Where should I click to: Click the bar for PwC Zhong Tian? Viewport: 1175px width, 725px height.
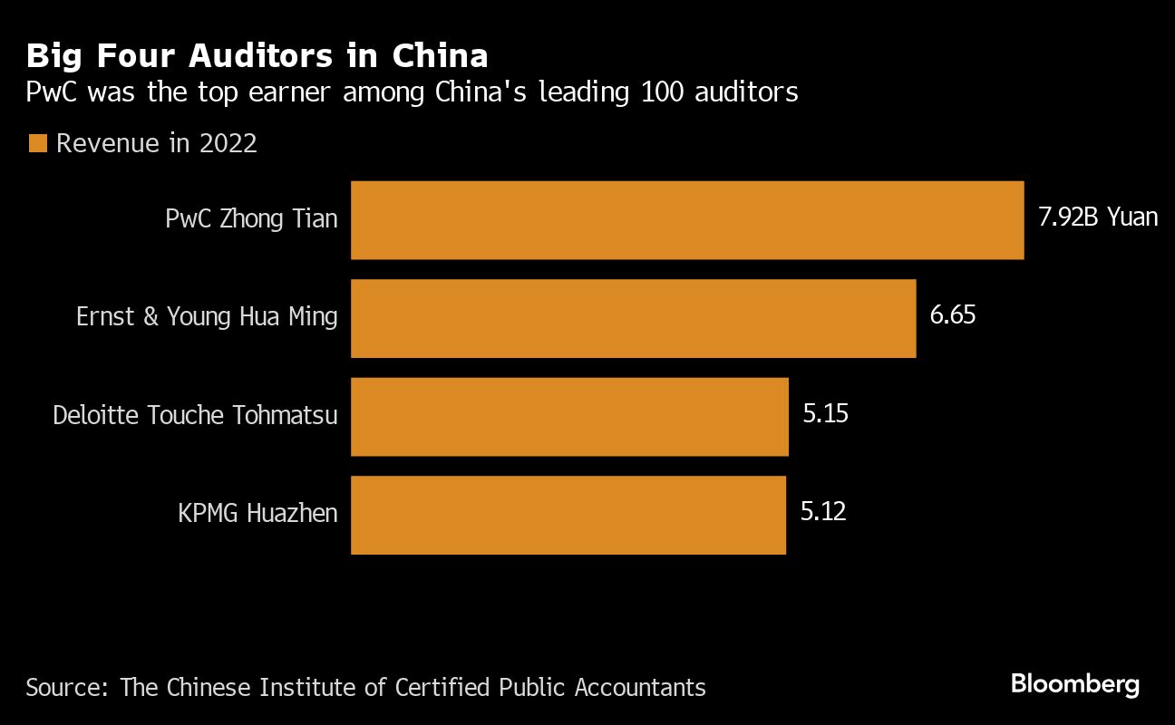click(x=687, y=220)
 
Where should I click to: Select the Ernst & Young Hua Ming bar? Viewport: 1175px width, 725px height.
click(x=633, y=318)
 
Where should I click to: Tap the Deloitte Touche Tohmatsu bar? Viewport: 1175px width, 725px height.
click(x=569, y=417)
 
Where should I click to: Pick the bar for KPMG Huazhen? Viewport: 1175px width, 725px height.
click(x=568, y=515)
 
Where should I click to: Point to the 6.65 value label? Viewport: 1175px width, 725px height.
click(x=953, y=316)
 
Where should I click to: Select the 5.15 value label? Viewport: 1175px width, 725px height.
click(x=825, y=414)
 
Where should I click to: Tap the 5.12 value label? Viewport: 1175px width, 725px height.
click(x=823, y=512)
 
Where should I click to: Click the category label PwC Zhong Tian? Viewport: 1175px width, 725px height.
click(x=251, y=219)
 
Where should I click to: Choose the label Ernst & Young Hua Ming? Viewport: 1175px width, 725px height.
click(x=207, y=317)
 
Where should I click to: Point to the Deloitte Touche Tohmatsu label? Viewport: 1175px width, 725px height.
click(x=195, y=415)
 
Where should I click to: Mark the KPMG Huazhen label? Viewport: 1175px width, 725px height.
click(x=257, y=513)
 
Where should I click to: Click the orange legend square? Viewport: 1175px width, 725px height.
click(x=37, y=143)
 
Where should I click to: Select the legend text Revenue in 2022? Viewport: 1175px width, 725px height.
click(x=157, y=143)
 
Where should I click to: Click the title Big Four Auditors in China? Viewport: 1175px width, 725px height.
click(x=257, y=56)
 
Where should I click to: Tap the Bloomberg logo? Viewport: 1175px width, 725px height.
click(x=1075, y=684)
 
